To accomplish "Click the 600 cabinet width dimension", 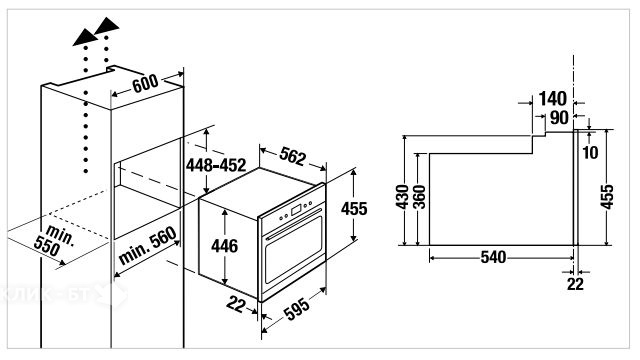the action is click(145, 83).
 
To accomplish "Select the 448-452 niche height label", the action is click(216, 165).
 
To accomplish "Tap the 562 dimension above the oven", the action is click(292, 156).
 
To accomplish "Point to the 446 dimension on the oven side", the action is click(224, 246).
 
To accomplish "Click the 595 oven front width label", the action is click(297, 309).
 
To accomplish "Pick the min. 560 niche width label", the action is click(147, 246).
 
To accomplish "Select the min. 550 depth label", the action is click(54, 240).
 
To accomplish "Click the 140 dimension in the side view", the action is click(553, 99).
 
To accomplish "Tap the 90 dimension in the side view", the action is click(559, 118).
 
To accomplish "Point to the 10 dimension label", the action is click(590, 153).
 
